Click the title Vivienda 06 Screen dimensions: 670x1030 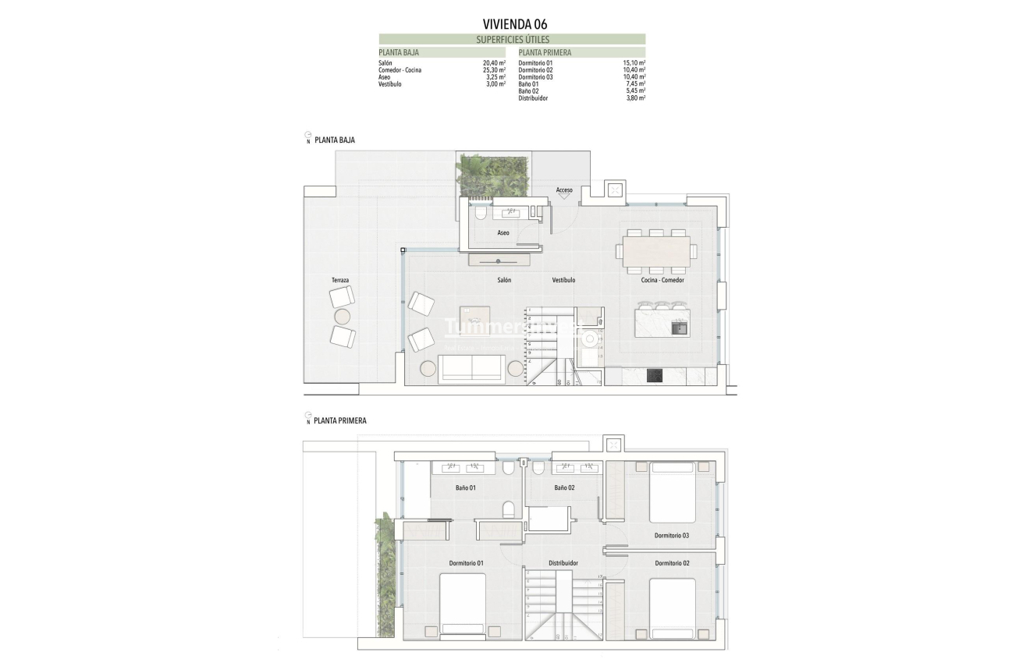[515, 23]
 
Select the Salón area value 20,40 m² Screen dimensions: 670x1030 [495, 62]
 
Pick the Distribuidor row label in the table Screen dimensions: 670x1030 [533, 98]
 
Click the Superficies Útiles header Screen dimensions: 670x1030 [512, 39]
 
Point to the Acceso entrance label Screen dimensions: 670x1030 [564, 190]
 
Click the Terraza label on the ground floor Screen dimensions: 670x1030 [340, 280]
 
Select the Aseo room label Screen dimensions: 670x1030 [503, 233]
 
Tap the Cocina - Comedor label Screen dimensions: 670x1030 [662, 280]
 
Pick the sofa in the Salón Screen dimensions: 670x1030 [473, 369]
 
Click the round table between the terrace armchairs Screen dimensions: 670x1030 [343, 316]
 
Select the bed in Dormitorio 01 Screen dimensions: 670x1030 [463, 604]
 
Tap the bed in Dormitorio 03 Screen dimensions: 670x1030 [672, 494]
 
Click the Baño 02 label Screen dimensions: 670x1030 [564, 488]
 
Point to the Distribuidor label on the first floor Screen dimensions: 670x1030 [563, 562]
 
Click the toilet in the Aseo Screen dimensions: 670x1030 [480, 213]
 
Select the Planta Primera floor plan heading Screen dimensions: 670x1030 [340, 420]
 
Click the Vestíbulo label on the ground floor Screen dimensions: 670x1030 [563, 280]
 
